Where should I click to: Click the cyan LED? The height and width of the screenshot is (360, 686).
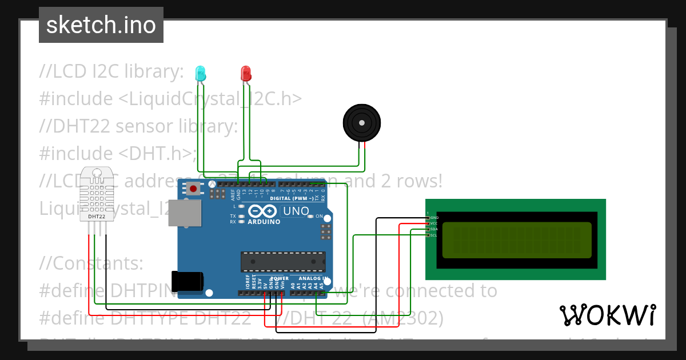click(x=200, y=73)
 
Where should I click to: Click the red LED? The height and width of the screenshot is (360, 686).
click(x=246, y=73)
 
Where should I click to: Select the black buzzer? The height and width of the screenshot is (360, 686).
click(x=361, y=122)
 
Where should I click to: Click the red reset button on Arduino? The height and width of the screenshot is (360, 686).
click(x=194, y=189)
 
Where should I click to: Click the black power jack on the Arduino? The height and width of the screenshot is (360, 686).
click(x=188, y=280)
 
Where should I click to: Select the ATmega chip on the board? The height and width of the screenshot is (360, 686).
click(x=282, y=261)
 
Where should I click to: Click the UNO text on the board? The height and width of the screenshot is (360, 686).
click(x=296, y=211)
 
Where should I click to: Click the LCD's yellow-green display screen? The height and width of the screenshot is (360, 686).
click(x=517, y=239)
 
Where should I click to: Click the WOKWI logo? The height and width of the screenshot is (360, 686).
click(x=607, y=315)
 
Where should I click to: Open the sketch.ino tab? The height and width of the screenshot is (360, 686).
click(x=101, y=25)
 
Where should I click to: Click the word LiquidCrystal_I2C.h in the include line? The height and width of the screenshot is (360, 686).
click(x=210, y=99)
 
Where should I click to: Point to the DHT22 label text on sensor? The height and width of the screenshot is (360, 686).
click(x=97, y=217)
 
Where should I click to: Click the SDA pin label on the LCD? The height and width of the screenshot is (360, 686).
click(x=434, y=229)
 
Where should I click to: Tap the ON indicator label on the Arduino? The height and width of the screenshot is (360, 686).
click(x=320, y=217)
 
